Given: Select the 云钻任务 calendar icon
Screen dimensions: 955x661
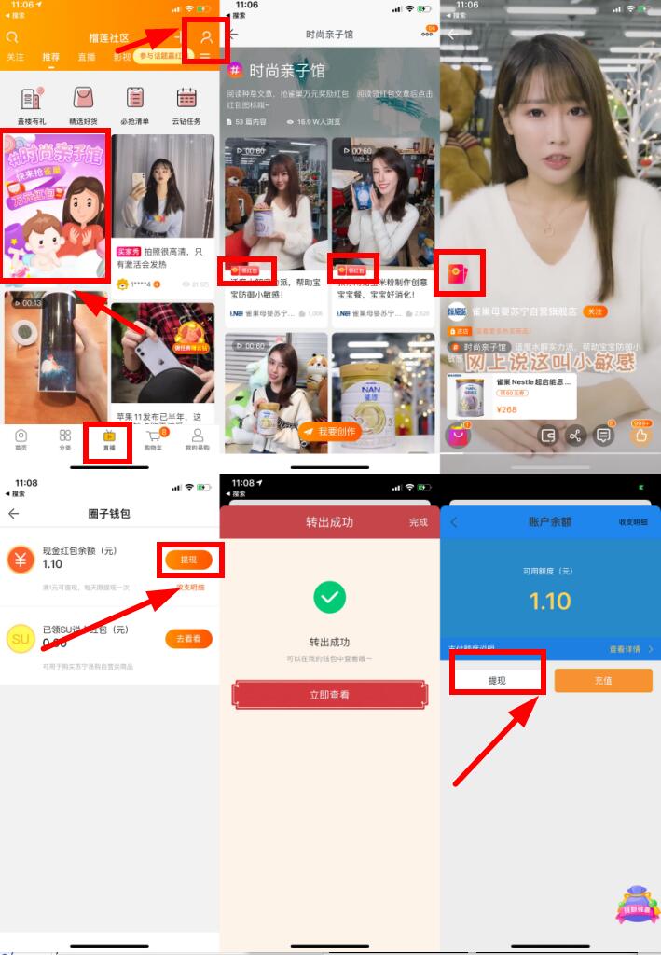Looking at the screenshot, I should pyautogui.click(x=186, y=98).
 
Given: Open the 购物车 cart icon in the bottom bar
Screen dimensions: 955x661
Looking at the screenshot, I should pyautogui.click(x=154, y=438).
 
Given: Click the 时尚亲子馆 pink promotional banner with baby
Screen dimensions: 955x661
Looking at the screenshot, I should pyautogui.click(x=56, y=205).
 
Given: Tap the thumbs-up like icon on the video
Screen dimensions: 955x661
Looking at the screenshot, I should pyautogui.click(x=640, y=434).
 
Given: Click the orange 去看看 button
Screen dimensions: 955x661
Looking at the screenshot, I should pyautogui.click(x=188, y=639).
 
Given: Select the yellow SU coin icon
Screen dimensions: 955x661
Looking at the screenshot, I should pyautogui.click(x=21, y=639).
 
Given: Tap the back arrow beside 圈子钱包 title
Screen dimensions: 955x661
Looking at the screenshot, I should pyautogui.click(x=13, y=514).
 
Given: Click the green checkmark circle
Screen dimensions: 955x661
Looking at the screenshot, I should pyautogui.click(x=329, y=598).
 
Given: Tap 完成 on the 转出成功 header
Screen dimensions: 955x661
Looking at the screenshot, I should pyautogui.click(x=418, y=522).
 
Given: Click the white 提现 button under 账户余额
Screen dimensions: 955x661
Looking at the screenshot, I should pyautogui.click(x=497, y=680).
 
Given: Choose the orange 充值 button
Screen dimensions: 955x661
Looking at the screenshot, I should pyautogui.click(x=603, y=680).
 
